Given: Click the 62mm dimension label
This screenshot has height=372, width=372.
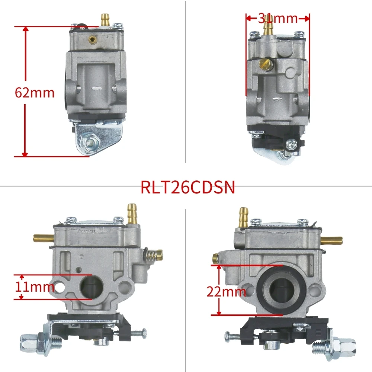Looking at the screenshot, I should click(x=35, y=92).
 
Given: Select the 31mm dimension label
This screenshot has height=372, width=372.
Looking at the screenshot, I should click(x=278, y=18).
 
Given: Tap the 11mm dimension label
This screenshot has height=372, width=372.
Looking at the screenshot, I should click(x=35, y=287).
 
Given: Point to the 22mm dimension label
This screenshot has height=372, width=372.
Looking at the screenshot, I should click(x=226, y=292).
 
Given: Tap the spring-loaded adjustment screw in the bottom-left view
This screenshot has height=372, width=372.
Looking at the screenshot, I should click(x=153, y=255).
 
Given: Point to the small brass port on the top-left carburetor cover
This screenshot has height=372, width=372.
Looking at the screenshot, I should click(x=92, y=39).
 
